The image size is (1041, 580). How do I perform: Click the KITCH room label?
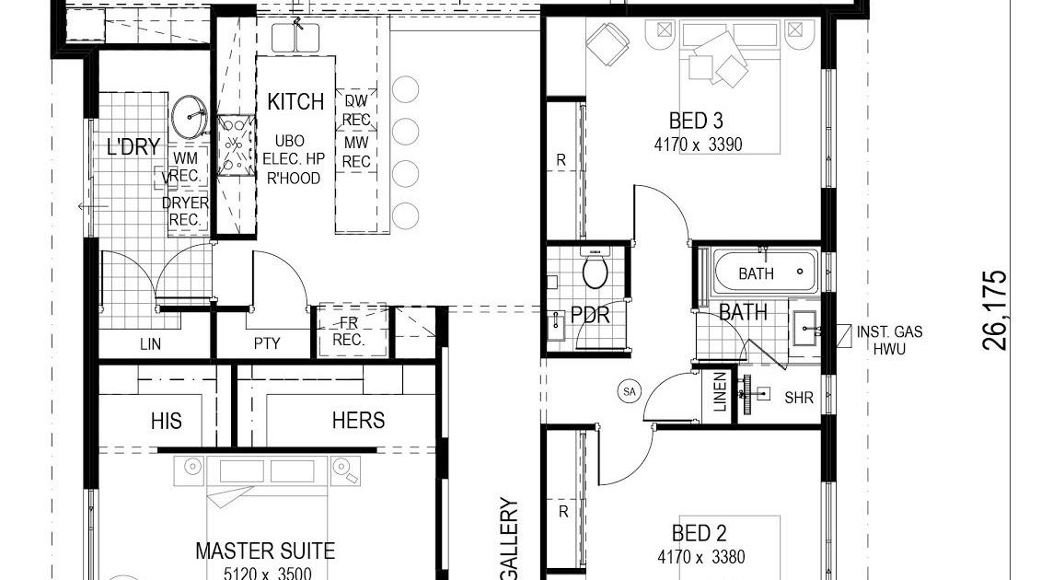coord(295,101)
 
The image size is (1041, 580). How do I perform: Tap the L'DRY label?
coord(133,146)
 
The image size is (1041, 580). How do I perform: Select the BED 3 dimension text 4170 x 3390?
coord(698,145)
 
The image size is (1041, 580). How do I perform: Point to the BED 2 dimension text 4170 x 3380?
coord(700,557)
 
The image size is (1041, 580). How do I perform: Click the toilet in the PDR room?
coord(596,271)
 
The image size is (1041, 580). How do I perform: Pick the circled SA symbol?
coord(630,391)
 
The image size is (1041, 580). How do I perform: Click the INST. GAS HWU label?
coord(889,341)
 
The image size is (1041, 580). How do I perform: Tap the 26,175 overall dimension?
coord(995,310)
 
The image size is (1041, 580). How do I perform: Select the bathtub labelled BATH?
coord(765,273)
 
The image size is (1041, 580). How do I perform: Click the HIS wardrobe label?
coord(167,421)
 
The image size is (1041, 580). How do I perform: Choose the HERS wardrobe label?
coord(358,421)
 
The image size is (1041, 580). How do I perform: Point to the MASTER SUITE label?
coord(265,551)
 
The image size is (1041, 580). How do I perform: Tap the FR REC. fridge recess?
coord(351,331)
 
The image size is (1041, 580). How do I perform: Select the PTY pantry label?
coord(267,344)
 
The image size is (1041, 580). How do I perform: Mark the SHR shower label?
coord(799,399)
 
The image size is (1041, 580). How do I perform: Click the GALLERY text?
coord(509,539)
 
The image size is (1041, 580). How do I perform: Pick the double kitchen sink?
coord(295,38)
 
